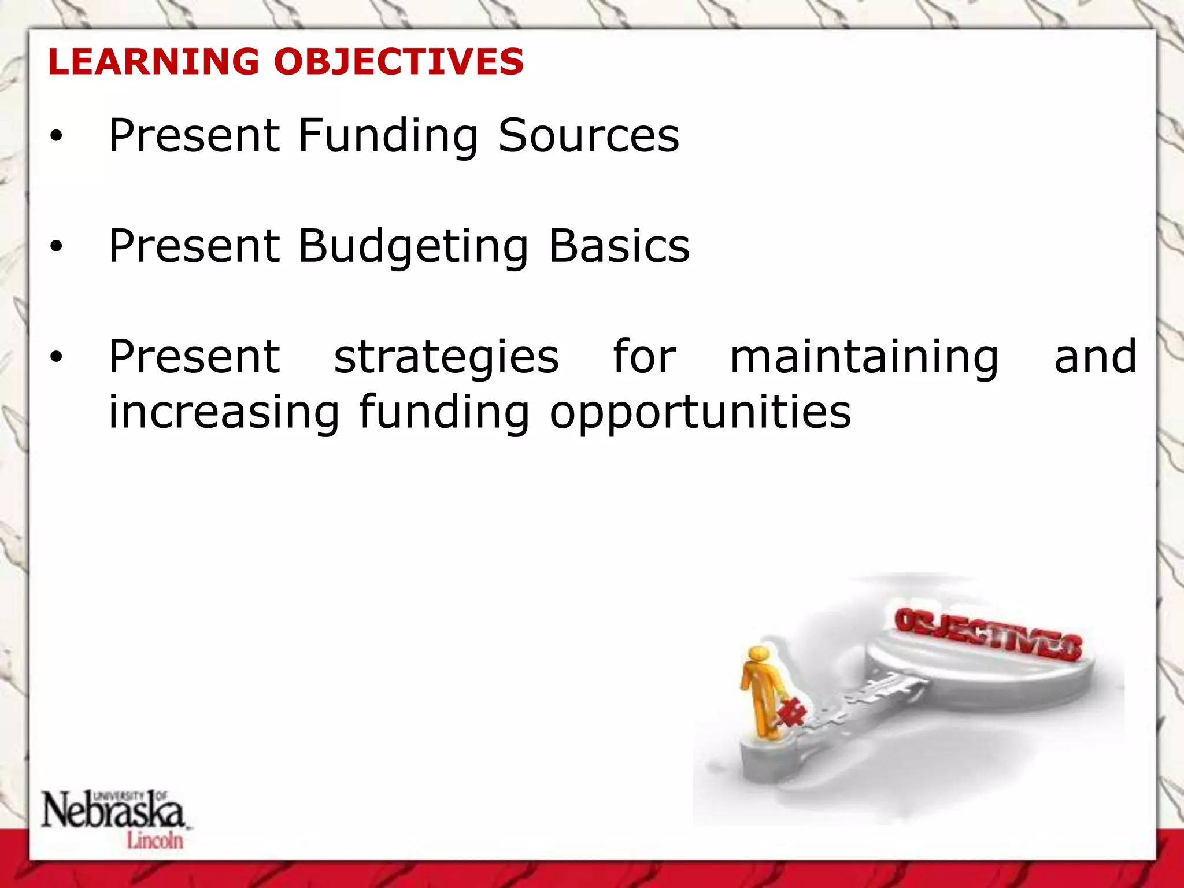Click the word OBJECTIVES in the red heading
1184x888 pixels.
coord(399,61)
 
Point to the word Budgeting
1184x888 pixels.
coord(413,246)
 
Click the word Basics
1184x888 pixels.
coord(619,246)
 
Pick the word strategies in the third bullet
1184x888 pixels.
coord(446,357)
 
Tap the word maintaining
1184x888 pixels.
coord(864,357)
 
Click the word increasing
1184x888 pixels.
coord(224,413)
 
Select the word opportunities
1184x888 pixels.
coord(700,413)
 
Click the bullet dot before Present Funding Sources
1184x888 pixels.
coord(55,136)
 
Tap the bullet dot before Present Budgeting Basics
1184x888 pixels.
coord(55,247)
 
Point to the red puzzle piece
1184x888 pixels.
coord(791,712)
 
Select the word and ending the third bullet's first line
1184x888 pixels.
coord(1095,357)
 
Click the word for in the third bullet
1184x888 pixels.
coord(644,357)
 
